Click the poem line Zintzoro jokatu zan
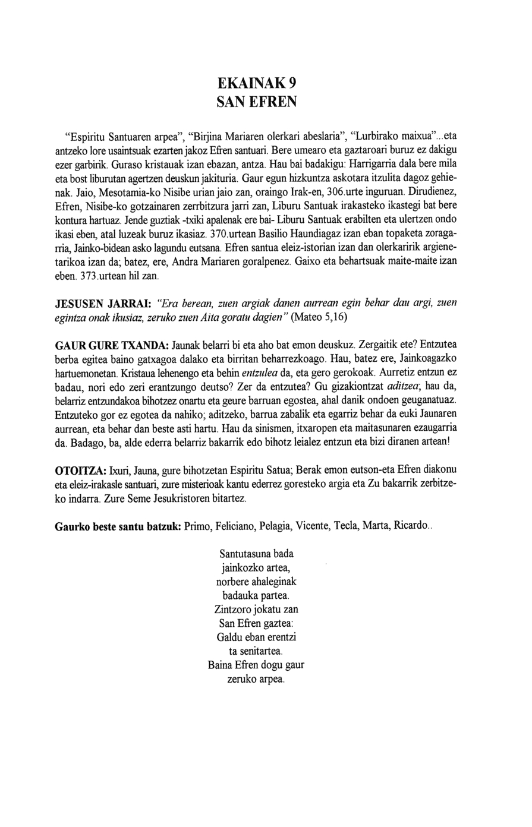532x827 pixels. pyautogui.click(x=256, y=610)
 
